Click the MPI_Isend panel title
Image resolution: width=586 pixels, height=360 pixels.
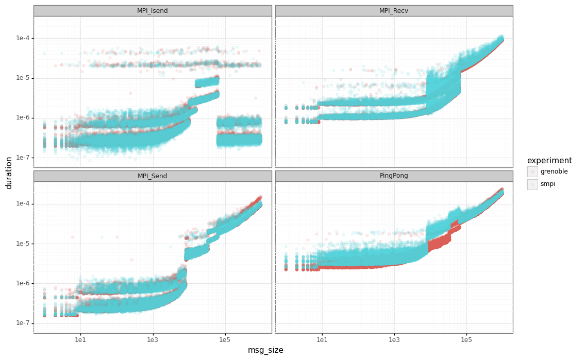tap(152, 11)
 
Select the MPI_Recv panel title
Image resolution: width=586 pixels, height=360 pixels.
tap(394, 11)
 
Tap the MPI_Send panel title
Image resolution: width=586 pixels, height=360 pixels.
tap(152, 176)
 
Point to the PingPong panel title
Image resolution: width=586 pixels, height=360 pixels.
tap(394, 176)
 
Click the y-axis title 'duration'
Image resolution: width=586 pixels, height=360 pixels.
tap(9, 173)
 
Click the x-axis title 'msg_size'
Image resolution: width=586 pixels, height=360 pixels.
tap(265, 350)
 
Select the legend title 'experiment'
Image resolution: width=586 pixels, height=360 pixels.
tap(549, 161)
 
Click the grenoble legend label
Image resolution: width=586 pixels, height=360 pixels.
tap(554, 172)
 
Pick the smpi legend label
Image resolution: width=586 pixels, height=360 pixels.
tap(547, 184)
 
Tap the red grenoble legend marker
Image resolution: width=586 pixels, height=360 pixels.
tap(532, 172)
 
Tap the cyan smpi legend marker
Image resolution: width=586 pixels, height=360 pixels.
tap(532, 184)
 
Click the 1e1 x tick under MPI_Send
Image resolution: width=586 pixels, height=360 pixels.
tap(80, 339)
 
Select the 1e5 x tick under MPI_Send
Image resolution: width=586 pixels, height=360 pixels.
tap(224, 339)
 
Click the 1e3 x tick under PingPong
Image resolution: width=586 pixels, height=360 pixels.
tap(394, 339)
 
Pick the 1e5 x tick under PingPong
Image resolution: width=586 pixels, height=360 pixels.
tap(466, 339)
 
